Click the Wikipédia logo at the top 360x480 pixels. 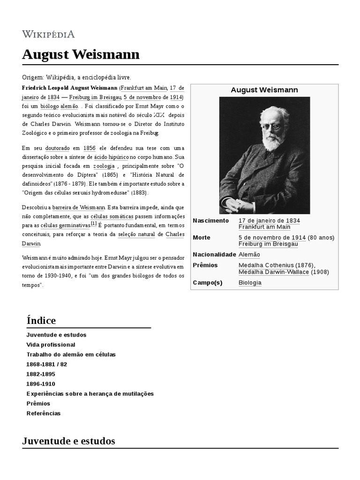(x=48, y=34)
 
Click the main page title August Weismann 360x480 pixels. (x=81, y=55)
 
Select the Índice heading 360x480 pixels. (x=41, y=321)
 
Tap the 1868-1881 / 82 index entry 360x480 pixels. (x=47, y=364)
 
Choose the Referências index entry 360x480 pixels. (x=44, y=413)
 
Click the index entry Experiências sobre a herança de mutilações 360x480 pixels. (x=90, y=393)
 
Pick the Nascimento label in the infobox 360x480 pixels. (x=211, y=220)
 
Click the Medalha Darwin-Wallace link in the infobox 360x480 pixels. (x=267, y=272)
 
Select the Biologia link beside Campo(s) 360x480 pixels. (x=250, y=283)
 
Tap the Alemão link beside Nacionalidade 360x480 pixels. (x=249, y=255)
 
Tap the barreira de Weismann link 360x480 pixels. (x=78, y=207)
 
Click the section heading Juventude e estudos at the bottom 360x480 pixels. (x=68, y=441)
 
